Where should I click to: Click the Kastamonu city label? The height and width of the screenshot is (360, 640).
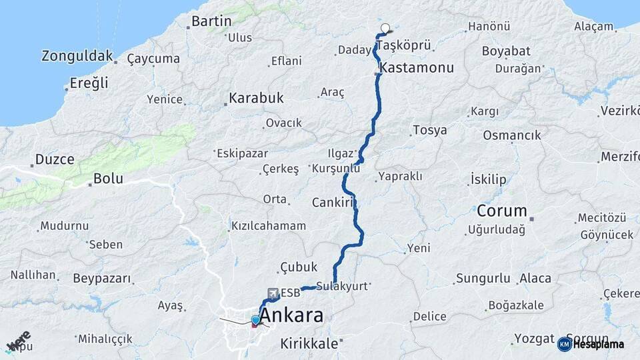(417, 68)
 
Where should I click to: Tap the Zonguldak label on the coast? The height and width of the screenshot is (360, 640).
(77, 56)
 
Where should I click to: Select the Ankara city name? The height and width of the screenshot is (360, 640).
(291, 315)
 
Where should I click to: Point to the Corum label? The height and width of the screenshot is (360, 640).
(502, 211)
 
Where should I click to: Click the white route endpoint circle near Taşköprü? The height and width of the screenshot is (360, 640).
(385, 28)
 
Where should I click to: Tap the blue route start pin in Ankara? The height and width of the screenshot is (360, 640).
(255, 321)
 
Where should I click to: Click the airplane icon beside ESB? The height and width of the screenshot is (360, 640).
(272, 293)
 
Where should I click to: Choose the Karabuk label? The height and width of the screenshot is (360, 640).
(256, 98)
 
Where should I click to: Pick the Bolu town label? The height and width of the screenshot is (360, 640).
(108, 179)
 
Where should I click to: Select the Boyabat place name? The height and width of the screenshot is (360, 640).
(506, 51)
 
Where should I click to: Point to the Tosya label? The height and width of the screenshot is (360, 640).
(429, 130)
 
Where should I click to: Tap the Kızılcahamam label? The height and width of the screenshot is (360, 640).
(269, 226)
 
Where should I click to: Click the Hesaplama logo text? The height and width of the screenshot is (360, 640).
(598, 345)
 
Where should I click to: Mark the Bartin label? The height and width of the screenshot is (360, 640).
(211, 21)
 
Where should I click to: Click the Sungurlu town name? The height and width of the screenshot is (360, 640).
(483, 279)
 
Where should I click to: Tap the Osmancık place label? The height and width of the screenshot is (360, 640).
(512, 135)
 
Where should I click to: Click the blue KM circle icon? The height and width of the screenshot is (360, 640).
(564, 345)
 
